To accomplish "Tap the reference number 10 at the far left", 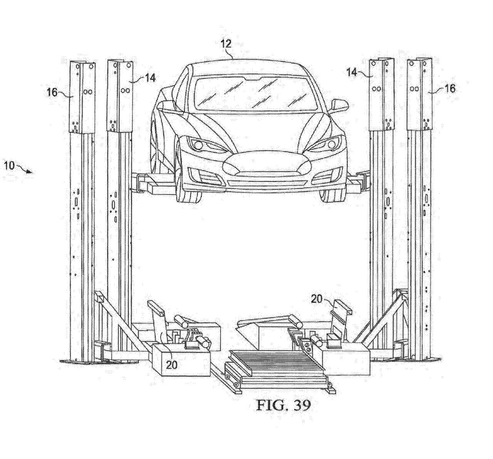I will click(9, 166).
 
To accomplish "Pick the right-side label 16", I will click(449, 88).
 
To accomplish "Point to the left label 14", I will click(150, 78).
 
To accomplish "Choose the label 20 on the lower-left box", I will click(172, 364).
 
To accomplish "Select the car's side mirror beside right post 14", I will click(339, 104).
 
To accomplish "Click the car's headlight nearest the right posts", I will click(328, 145).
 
